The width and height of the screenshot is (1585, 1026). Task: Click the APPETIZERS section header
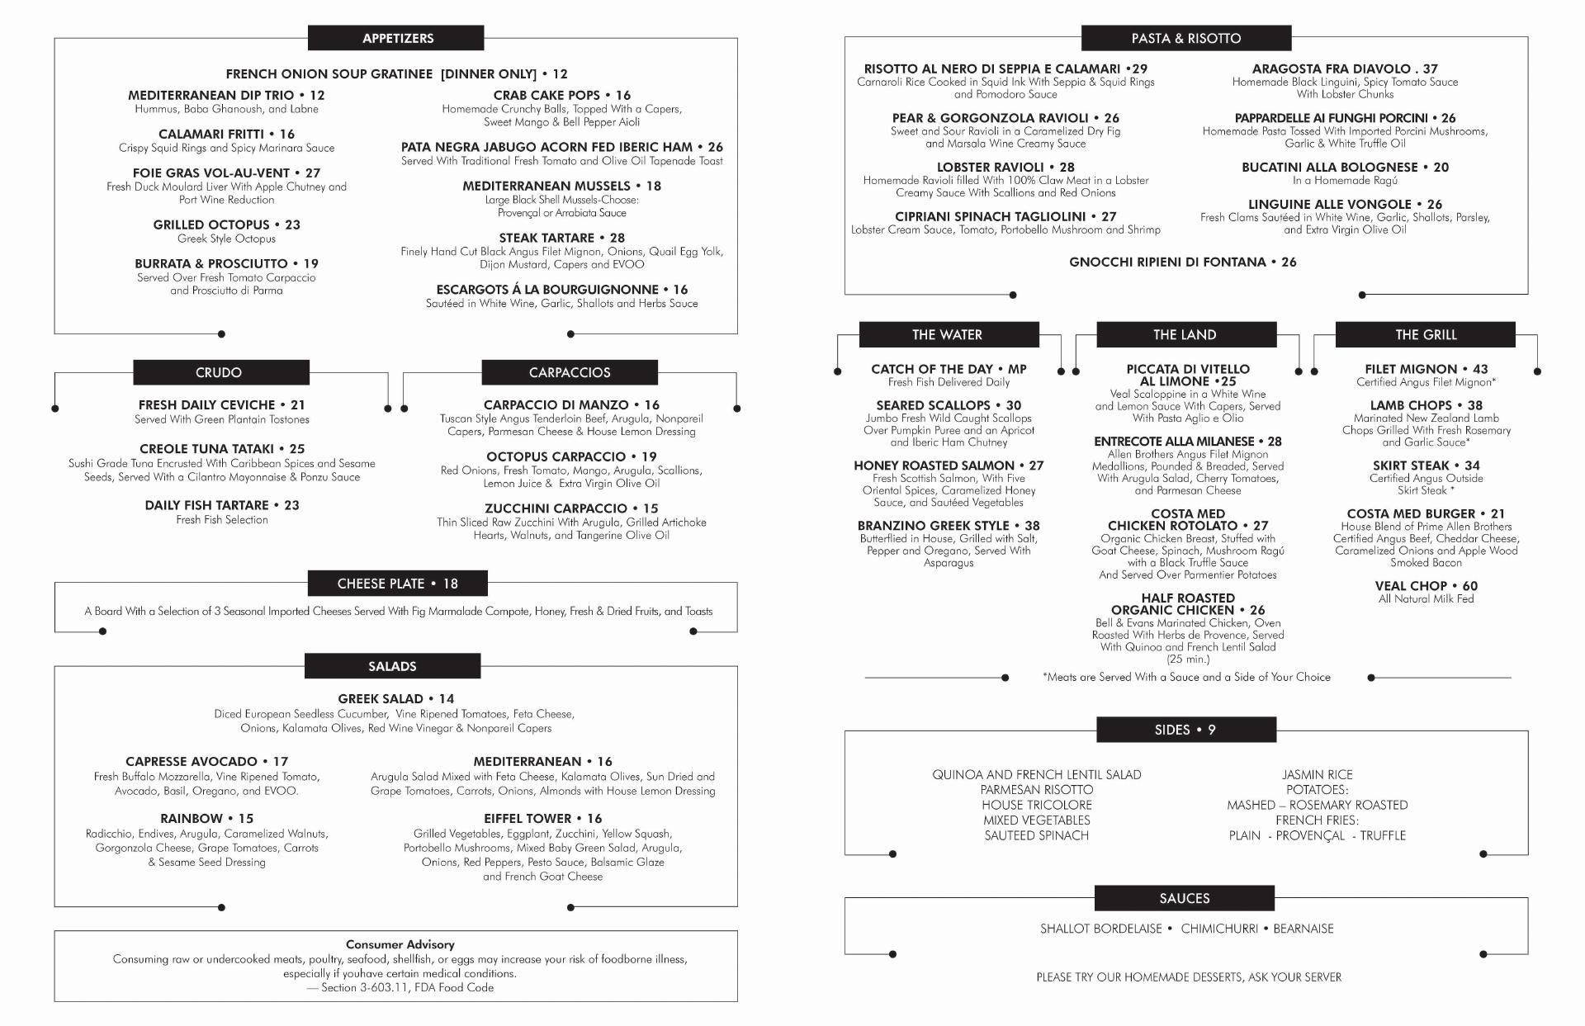point(396,38)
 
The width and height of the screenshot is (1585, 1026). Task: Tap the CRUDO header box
point(220,372)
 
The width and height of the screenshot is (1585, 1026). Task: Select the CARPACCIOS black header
point(570,372)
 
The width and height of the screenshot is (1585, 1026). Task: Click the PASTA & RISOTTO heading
point(1185,38)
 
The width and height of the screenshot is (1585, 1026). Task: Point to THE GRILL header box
point(1425,334)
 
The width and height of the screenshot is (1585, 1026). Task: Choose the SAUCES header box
point(1184,898)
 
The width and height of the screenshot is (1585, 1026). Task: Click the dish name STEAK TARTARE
point(546,238)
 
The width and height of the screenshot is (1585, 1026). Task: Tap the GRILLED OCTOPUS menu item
point(211,225)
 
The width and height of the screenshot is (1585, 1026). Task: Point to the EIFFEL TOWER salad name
point(527,819)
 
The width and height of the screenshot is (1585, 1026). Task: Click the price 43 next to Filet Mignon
point(1480,369)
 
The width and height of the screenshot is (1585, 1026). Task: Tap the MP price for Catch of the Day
point(1017,369)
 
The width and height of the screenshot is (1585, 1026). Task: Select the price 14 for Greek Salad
point(447,698)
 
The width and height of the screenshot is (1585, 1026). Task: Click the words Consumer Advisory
point(400,944)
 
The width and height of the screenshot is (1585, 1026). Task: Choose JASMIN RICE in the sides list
point(1317,774)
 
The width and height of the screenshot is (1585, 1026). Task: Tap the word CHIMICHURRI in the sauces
point(1218,929)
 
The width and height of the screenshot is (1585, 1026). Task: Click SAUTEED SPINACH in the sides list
point(1036,835)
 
